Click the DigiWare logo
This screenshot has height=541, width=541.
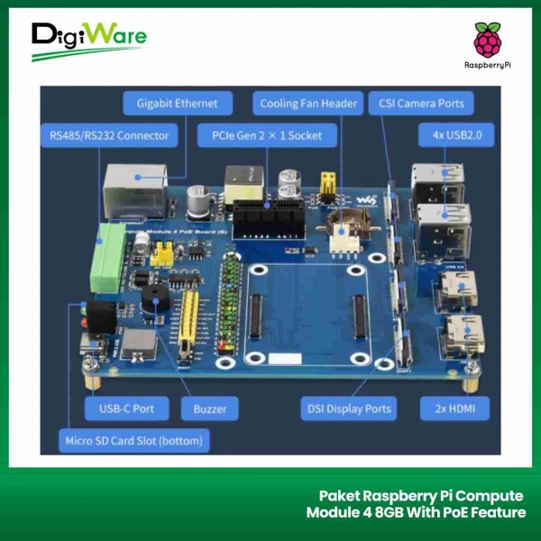click(x=87, y=41)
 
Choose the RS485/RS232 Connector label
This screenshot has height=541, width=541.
click(x=109, y=136)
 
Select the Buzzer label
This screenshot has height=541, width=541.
click(x=209, y=408)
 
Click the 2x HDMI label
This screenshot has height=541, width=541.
click(x=455, y=408)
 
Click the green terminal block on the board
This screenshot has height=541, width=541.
click(x=105, y=258)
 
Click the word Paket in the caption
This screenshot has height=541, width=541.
click(x=341, y=495)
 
